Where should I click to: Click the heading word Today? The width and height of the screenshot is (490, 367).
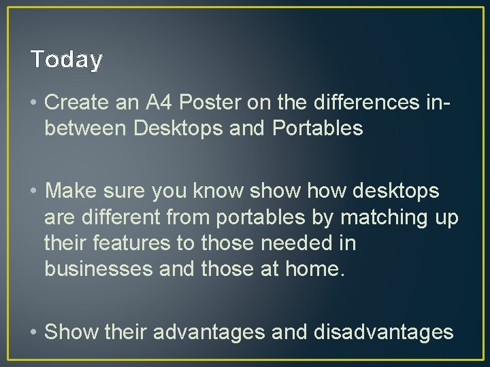67,60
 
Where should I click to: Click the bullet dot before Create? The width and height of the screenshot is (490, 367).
33,103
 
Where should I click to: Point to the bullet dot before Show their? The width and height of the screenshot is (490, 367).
33,332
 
